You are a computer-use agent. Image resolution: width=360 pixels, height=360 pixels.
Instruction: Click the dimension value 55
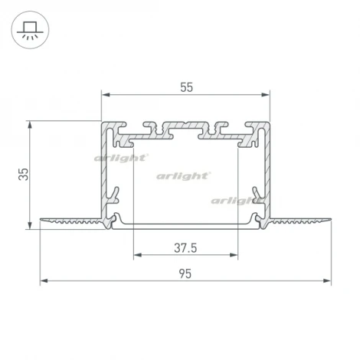pos(186,87)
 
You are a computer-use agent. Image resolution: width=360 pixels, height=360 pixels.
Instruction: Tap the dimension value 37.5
pos(185,247)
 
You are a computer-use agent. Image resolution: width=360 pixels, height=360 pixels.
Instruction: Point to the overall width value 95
pos(186,272)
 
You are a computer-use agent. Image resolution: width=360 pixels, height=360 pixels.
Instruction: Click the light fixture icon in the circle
pos(30,30)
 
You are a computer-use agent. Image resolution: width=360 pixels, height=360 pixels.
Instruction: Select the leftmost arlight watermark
pos(120,158)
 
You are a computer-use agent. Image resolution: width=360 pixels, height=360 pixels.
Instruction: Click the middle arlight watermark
pos(184,175)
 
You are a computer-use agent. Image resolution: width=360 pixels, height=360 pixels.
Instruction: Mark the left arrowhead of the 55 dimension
pos(106,96)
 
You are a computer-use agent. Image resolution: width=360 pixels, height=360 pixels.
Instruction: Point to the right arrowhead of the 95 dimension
pos(329,281)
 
